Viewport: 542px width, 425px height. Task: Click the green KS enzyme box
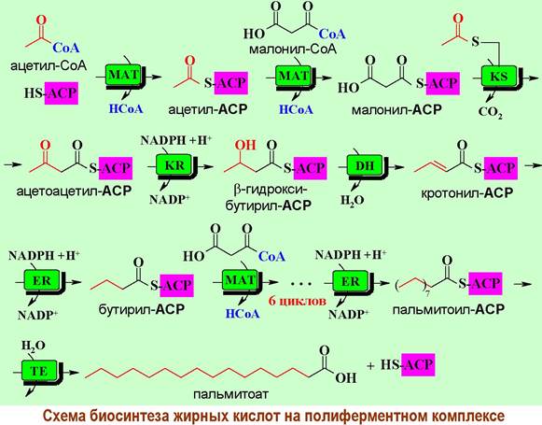[499, 76]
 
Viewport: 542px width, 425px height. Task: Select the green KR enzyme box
[174, 164]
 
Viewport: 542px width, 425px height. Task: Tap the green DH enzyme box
[364, 165]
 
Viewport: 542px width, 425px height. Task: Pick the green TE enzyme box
[39, 371]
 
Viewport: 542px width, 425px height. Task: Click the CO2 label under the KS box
[490, 112]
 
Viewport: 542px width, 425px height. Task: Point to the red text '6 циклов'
[298, 301]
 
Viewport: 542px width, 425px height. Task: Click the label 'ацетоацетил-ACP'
[74, 191]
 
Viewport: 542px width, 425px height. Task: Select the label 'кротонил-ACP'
[467, 192]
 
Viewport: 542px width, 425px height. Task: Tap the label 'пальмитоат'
[231, 394]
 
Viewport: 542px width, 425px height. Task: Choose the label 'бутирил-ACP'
[142, 309]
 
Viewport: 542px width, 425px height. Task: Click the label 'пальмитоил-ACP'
[449, 309]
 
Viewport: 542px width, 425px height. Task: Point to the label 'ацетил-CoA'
[49, 65]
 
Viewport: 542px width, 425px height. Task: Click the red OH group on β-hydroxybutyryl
[245, 145]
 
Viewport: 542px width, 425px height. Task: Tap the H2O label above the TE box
[34, 346]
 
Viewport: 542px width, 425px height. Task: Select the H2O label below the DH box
[353, 201]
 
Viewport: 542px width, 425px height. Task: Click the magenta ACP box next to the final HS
[418, 365]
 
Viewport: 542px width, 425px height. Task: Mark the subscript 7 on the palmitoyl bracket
[427, 294]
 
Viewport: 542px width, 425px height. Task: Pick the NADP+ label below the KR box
[170, 199]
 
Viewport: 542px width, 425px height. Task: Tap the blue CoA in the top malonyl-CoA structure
[332, 34]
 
